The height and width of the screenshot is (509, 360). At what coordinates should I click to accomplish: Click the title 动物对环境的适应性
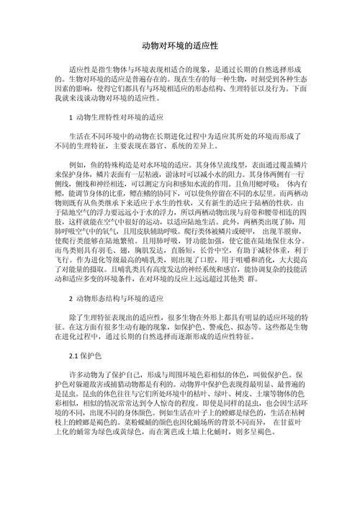click(x=180, y=45)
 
